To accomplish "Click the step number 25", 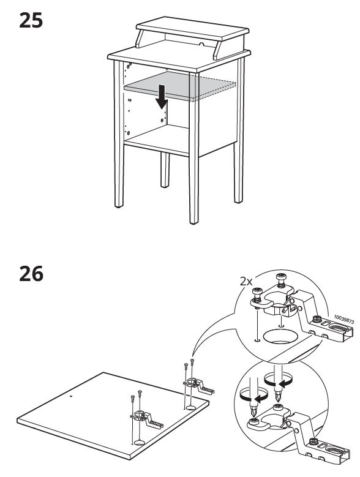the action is (31, 20).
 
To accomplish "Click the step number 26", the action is (31, 274).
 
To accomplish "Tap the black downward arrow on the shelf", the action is (162, 97).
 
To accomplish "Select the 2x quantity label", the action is (246, 282).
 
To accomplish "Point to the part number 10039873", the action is (344, 319).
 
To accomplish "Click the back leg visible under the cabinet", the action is (165, 170).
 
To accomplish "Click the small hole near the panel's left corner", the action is (71, 396).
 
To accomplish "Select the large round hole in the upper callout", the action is (280, 336).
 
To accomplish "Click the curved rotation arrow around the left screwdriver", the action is (254, 396).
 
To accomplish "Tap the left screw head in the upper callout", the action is (257, 291).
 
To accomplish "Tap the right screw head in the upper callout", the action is (281, 277).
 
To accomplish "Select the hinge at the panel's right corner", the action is (199, 385).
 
